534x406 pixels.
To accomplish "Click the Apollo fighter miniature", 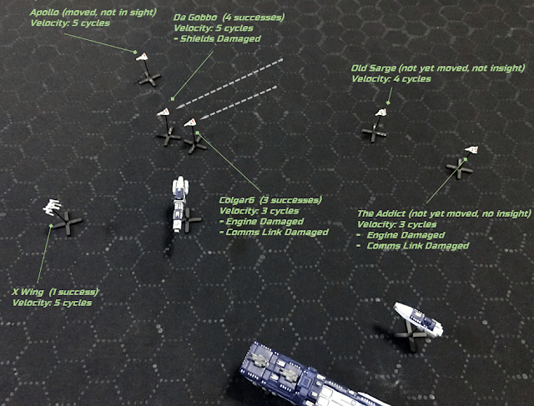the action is pyautogui.click(x=142, y=57).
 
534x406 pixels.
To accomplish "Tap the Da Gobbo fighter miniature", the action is pyautogui.click(x=164, y=112).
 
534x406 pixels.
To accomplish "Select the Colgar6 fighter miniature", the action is pyautogui.click(x=190, y=123).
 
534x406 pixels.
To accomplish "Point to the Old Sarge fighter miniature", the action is pyautogui.click(x=380, y=113).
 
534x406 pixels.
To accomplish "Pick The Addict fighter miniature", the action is pyautogui.click(x=471, y=149).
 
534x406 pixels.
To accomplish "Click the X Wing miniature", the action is pyautogui.click(x=52, y=207).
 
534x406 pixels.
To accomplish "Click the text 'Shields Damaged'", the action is pyautogui.click(x=220, y=38).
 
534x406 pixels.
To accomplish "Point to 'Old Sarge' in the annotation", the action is pyautogui.click(x=374, y=68).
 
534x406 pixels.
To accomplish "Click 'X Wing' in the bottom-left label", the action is pyautogui.click(x=28, y=292).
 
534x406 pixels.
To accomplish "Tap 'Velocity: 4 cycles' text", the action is pyautogui.click(x=391, y=79).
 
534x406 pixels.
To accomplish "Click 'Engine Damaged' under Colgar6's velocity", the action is pyautogui.click(x=264, y=222).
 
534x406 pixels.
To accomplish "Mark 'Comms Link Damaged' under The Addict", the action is pyautogui.click(x=418, y=246).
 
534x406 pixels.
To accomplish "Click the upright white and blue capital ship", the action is pyautogui.click(x=179, y=203).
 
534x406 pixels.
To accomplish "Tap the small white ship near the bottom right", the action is pyautogui.click(x=418, y=319).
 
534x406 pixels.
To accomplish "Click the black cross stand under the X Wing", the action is pyautogui.click(x=68, y=223).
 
